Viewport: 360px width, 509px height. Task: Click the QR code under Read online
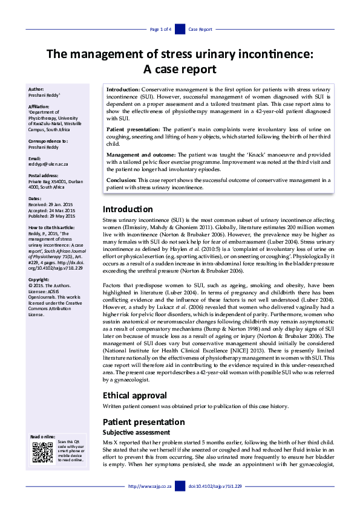click(x=42, y=452)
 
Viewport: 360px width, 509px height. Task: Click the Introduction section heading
click(x=128, y=209)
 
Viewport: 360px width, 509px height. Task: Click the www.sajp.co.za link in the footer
click(x=150, y=486)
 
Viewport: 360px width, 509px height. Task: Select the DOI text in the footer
click(x=215, y=486)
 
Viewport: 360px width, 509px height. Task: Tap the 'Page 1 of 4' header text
click(x=160, y=29)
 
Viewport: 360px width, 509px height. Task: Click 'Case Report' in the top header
click(x=200, y=29)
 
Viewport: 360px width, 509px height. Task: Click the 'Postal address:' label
click(x=44, y=175)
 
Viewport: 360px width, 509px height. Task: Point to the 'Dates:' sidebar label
click(x=35, y=199)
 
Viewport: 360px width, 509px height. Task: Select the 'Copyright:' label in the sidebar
click(x=39, y=280)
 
